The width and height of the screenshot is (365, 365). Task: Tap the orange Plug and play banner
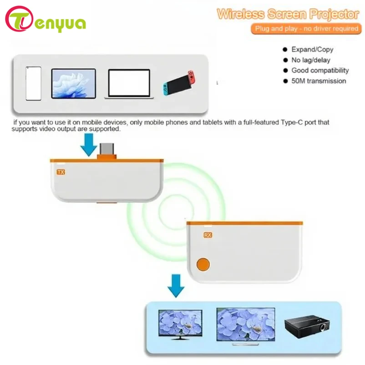pyautogui.click(x=305, y=29)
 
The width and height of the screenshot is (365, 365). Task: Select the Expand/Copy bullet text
pyautogui.click(x=312, y=50)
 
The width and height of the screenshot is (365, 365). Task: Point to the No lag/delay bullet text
pyautogui.click(x=311, y=60)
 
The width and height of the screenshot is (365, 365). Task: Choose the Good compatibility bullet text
pyautogui.click(x=320, y=71)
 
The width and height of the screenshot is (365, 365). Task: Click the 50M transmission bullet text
pyautogui.click(x=319, y=81)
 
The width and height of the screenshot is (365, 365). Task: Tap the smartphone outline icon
pyautogui.click(x=33, y=83)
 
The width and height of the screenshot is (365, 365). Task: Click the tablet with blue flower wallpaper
pyautogui.click(x=73, y=83)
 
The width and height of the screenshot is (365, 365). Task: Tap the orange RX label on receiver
pyautogui.click(x=208, y=235)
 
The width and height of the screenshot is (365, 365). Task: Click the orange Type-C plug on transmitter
pyautogui.click(x=106, y=154)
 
